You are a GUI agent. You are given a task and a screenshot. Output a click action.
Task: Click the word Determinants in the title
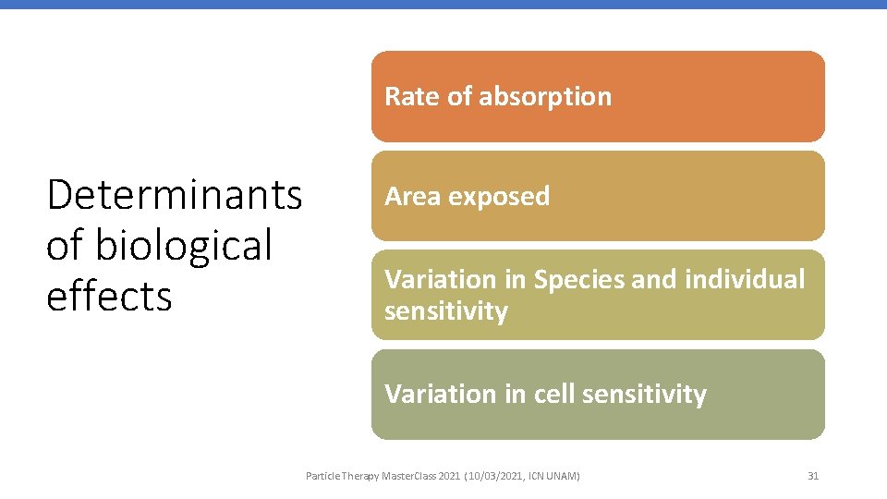tap(174, 195)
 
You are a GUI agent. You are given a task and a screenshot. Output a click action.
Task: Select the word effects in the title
tap(109, 297)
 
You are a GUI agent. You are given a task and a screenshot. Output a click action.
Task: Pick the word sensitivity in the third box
tap(445, 310)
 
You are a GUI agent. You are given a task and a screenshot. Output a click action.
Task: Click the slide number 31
tap(813, 476)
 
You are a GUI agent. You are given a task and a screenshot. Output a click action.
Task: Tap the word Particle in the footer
tap(323, 476)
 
